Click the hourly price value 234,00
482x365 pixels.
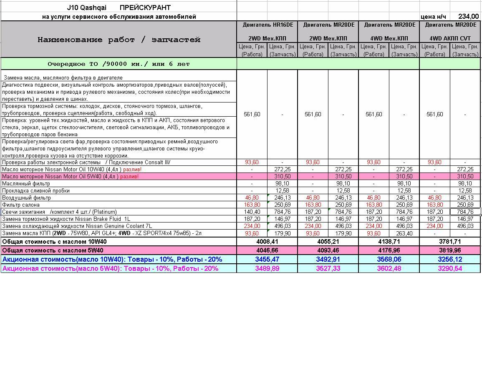coord(468,17)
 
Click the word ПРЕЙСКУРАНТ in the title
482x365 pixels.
coord(145,7)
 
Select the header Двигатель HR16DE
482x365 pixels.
coord(267,25)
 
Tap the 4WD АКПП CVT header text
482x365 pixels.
coord(450,38)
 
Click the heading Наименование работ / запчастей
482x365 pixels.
coord(119,40)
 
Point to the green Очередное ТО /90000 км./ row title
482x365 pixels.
coord(119,64)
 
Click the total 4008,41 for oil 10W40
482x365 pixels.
coord(267,242)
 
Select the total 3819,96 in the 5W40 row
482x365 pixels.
coord(449,250)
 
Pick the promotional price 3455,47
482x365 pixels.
coord(267,259)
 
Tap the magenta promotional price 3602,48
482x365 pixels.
coord(389,268)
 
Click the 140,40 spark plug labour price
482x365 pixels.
coord(252,212)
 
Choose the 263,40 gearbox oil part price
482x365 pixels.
coord(404,233)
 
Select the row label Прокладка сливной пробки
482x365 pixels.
coord(36,191)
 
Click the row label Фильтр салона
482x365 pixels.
coord(21,205)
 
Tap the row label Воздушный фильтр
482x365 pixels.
coord(26,198)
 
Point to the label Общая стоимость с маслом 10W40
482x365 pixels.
coord(54,242)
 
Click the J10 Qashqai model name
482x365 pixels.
coord(87,7)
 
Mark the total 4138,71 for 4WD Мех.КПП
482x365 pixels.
coord(389,242)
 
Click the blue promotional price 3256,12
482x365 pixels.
coord(449,259)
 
